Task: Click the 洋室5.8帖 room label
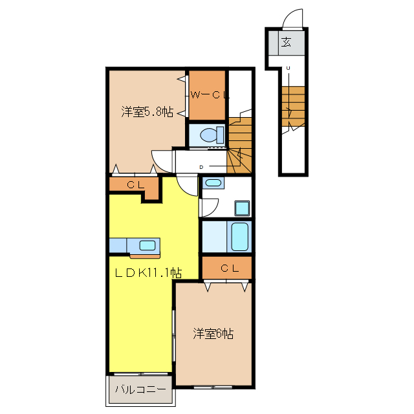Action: pos(147,112)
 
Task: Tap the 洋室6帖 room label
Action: pos(213,334)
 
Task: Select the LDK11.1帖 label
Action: pos(148,273)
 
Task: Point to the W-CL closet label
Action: pos(210,95)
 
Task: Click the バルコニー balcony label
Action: pos(140,389)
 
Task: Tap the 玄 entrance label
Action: pos(286,42)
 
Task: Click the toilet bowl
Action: pos(212,135)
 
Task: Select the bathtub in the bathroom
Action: pos(239,237)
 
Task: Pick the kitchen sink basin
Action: pos(147,245)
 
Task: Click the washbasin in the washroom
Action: pos(213,182)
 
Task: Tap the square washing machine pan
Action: pos(242,208)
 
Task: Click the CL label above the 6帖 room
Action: pos(230,268)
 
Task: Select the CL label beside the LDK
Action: pos(135,184)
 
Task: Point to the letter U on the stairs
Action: pos(288,68)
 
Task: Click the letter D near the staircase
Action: pos(201,167)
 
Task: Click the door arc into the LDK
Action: pos(185,191)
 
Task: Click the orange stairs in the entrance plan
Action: pos(293,106)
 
